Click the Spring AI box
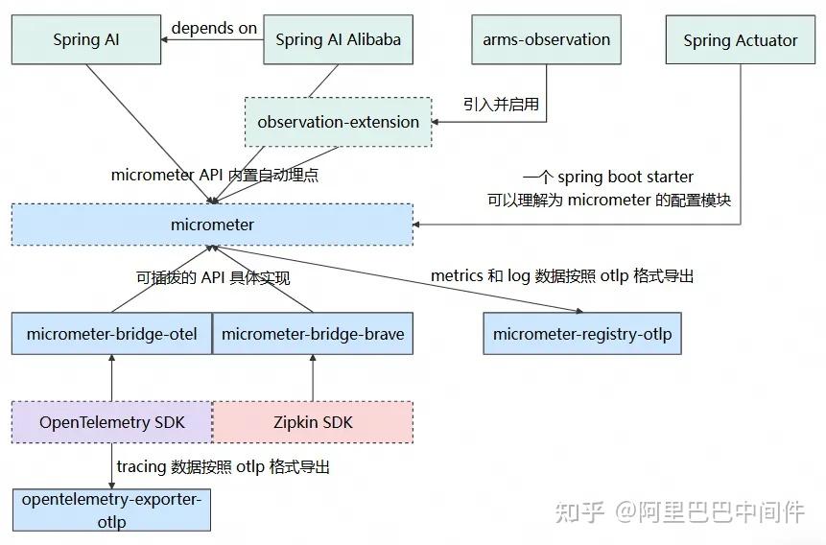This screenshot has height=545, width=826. tap(86, 39)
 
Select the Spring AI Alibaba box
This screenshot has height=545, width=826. tap(338, 39)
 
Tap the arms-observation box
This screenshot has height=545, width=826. tap(546, 39)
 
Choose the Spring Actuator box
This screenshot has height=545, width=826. tap(740, 40)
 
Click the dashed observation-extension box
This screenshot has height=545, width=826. tap(338, 122)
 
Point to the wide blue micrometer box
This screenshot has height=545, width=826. tap(212, 225)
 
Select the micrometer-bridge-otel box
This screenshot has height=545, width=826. tap(111, 334)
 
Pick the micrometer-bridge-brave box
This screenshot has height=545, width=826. tap(313, 334)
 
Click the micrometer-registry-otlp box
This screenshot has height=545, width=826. tap(582, 334)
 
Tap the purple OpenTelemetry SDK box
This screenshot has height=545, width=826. tap(111, 422)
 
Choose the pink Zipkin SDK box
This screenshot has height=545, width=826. tap(313, 422)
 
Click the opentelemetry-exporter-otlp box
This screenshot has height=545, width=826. tap(111, 509)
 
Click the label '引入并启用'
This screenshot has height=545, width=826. tap(501, 104)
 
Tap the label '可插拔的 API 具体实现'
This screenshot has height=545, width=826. tap(213, 277)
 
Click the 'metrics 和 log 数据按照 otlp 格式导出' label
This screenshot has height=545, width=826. tap(561, 275)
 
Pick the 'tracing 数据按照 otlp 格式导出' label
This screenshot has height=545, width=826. tap(223, 467)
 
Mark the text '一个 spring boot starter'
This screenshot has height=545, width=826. tap(608, 178)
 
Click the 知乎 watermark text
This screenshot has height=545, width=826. tap(578, 511)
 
